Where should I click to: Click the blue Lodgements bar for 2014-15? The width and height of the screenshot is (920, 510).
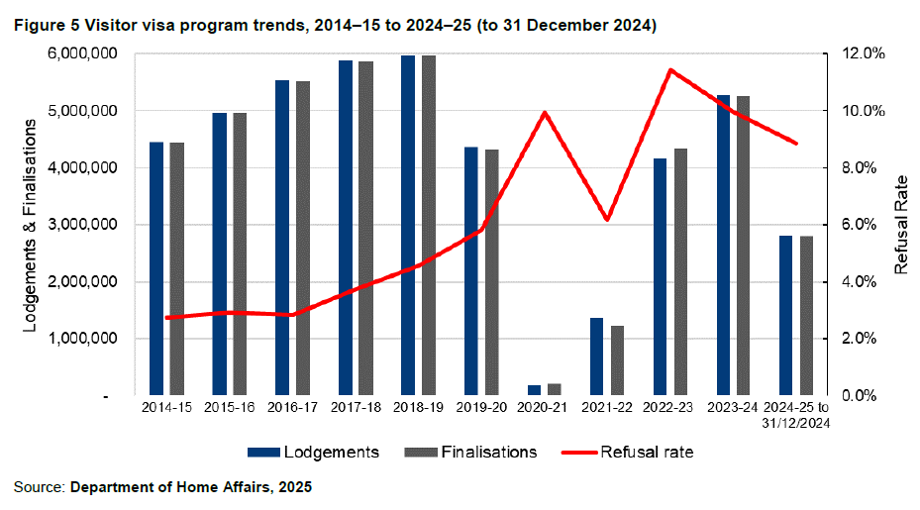[156, 268]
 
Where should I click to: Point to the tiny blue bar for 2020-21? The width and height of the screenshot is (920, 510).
[534, 390]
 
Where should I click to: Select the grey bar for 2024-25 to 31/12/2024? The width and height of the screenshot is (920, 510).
[807, 316]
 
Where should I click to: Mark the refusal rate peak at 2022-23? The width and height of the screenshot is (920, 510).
[670, 69]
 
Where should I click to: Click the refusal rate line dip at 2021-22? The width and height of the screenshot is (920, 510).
[607, 219]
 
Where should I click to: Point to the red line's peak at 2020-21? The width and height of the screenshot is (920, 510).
[545, 112]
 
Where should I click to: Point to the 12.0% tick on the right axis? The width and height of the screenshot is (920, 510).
[853, 53]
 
